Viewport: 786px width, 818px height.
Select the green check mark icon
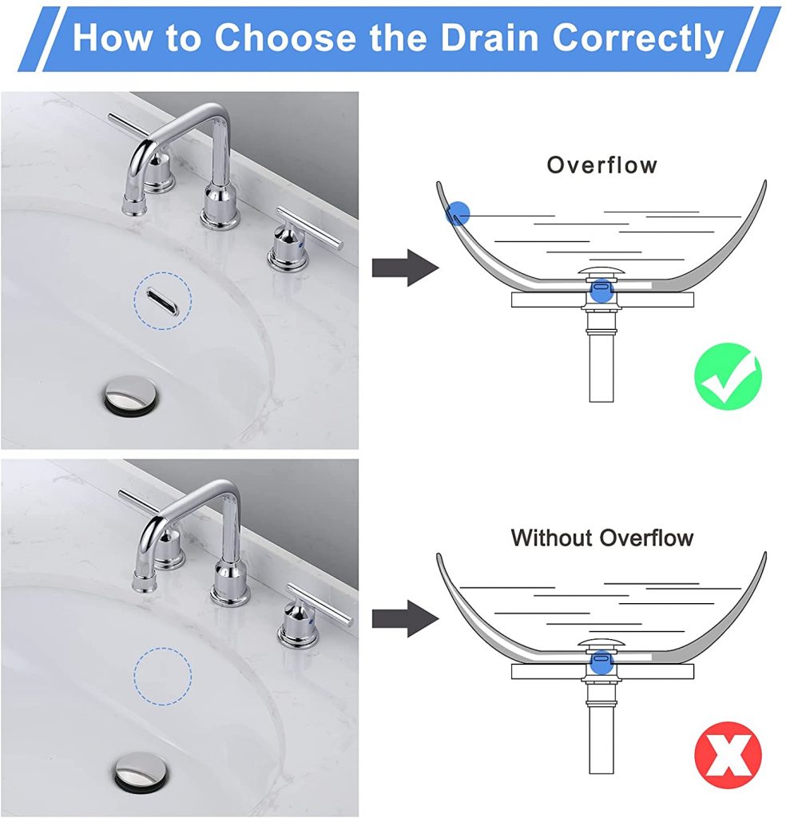tap(727, 376)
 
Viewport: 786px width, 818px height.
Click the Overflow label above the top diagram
tap(601, 165)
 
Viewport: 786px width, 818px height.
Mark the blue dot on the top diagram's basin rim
tap(458, 212)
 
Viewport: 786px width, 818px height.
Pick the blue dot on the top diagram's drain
tap(601, 292)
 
